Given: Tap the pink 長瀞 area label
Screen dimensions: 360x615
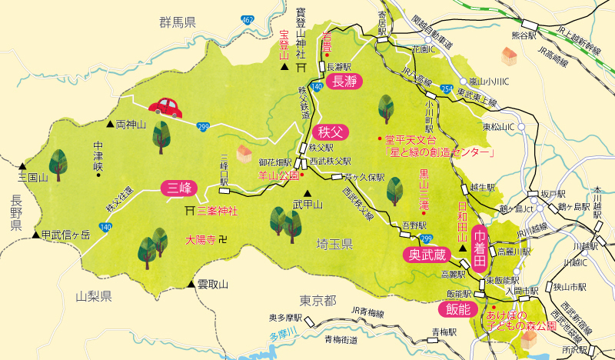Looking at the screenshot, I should coord(344,84).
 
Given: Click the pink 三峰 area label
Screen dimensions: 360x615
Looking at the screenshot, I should coord(180,188).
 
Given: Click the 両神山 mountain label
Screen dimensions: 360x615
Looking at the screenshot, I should coord(131,123).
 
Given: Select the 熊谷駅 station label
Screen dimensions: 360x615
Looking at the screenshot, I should coord(522,35).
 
